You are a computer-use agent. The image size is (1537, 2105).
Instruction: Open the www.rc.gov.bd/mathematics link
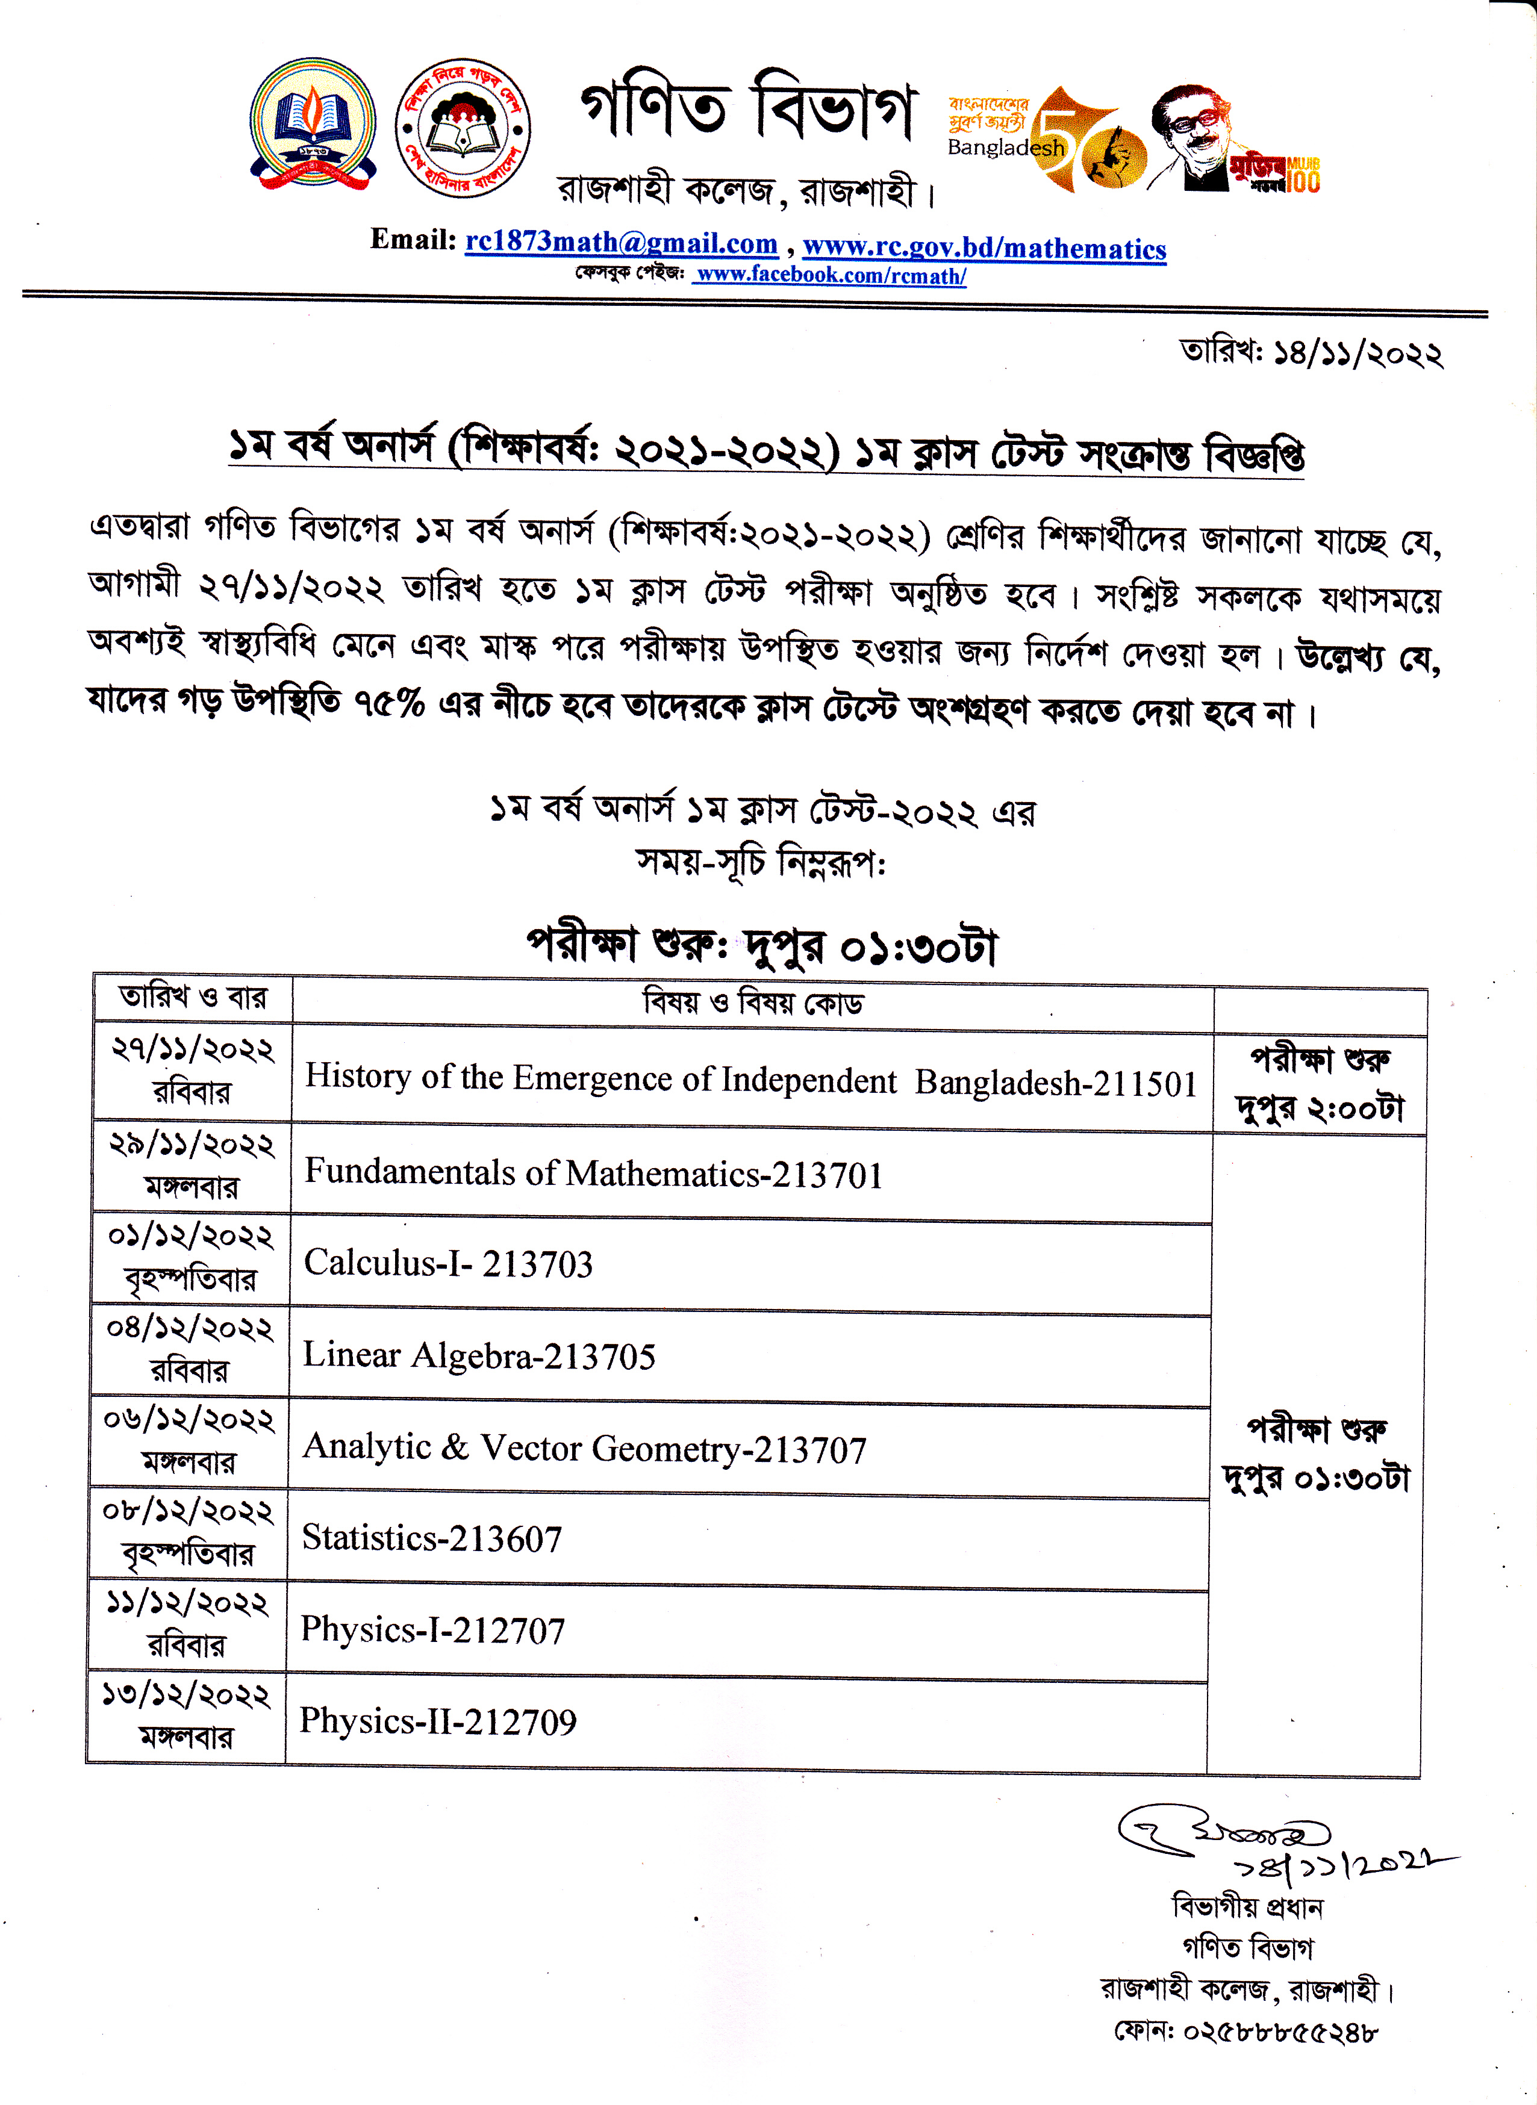click(984, 247)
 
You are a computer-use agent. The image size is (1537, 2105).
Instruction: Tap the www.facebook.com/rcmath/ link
click(831, 275)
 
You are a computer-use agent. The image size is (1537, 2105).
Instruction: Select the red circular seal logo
click(463, 128)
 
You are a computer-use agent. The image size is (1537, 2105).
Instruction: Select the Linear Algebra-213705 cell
click(479, 1355)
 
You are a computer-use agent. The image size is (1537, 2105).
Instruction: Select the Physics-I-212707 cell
click(432, 1630)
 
